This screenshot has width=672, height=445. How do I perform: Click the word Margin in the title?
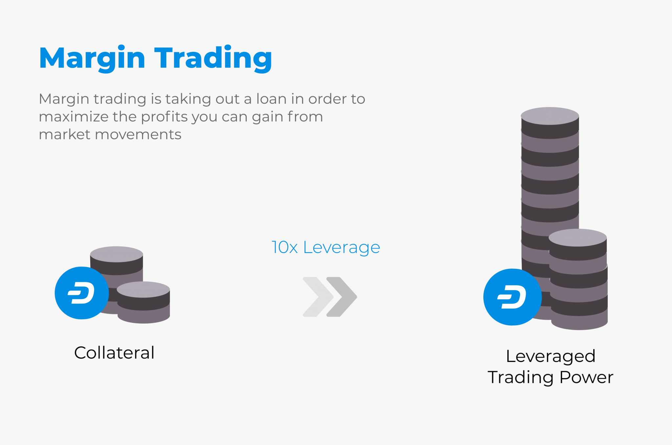[x=92, y=58]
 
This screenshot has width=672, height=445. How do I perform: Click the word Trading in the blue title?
[x=213, y=58]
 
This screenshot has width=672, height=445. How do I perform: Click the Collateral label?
[x=114, y=353]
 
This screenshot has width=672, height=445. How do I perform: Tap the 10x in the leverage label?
[x=284, y=247]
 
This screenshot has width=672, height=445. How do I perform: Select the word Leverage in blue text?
[x=341, y=247]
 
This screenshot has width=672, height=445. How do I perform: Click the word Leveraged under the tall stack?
[x=551, y=356]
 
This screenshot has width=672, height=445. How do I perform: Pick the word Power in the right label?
[x=586, y=377]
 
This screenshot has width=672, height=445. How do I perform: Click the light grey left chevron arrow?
[x=316, y=297]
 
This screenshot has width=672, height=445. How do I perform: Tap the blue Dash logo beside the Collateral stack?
[x=81, y=293]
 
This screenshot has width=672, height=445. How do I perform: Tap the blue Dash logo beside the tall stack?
[x=512, y=297]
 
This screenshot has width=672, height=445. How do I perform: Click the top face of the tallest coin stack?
[x=550, y=116]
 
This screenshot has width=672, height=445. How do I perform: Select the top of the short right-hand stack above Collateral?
[x=143, y=289]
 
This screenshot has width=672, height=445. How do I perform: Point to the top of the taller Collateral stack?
[x=116, y=254]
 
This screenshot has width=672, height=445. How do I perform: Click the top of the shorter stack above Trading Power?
[x=577, y=237]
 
